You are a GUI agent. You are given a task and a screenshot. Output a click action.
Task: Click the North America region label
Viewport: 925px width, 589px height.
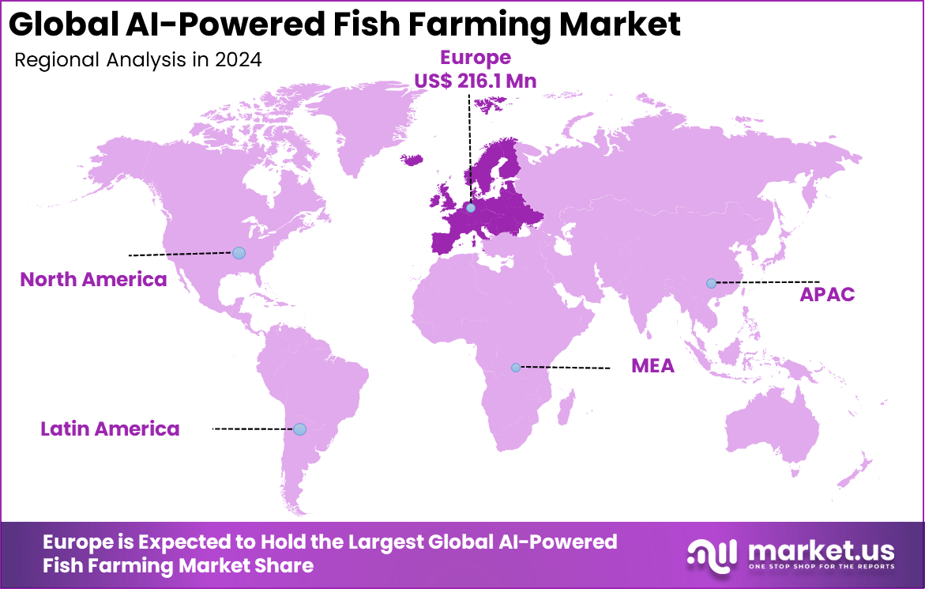click(x=93, y=279)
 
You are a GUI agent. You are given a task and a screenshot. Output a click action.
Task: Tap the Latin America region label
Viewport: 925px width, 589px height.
click(x=110, y=429)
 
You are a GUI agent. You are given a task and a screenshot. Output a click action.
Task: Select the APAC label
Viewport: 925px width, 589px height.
click(x=827, y=295)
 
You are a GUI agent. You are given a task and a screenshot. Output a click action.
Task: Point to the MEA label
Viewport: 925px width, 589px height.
click(x=652, y=365)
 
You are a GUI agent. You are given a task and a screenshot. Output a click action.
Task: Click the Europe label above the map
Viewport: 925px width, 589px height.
click(x=475, y=57)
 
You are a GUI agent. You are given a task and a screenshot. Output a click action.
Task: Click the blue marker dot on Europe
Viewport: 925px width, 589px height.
click(x=471, y=208)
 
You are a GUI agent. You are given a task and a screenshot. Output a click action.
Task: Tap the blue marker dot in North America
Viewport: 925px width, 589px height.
click(x=239, y=253)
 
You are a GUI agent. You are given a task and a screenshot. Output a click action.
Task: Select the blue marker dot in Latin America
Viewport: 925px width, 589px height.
click(x=299, y=429)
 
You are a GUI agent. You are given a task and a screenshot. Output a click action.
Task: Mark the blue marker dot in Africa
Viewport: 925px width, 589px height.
click(x=516, y=368)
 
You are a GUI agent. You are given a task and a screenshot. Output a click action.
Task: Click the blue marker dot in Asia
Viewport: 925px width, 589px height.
click(x=711, y=283)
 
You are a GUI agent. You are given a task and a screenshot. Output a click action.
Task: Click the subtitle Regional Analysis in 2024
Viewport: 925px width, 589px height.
click(x=138, y=60)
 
